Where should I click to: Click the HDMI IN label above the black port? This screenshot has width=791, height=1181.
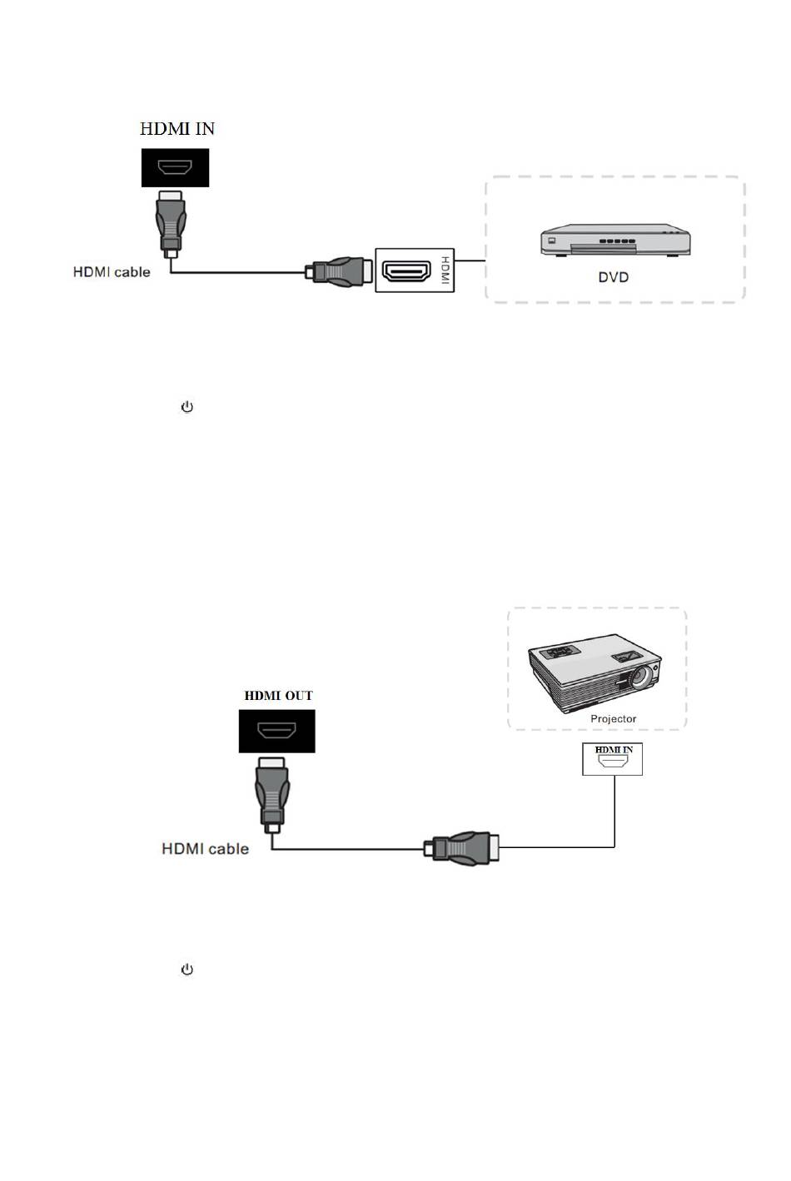coord(177,128)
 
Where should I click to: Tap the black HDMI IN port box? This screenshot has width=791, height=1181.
coord(175,168)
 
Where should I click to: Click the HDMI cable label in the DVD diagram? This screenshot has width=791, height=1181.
coord(112,271)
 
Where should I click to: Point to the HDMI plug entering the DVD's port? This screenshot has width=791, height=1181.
coord(340,270)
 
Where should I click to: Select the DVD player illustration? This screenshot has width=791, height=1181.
coord(615,240)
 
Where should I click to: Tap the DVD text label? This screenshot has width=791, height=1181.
coord(614,277)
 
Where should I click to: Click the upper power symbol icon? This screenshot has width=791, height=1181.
coord(187,407)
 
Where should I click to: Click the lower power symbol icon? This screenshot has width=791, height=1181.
coord(187,970)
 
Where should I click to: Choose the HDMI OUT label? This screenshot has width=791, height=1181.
coord(278,696)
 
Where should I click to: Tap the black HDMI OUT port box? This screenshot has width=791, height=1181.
coord(276,732)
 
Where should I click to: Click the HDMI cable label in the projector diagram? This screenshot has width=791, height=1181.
coord(205,849)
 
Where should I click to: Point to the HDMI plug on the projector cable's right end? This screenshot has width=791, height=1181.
coord(463,847)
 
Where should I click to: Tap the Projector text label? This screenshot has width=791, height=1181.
coord(614,718)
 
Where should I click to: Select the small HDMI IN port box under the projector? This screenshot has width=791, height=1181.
coord(612,759)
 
